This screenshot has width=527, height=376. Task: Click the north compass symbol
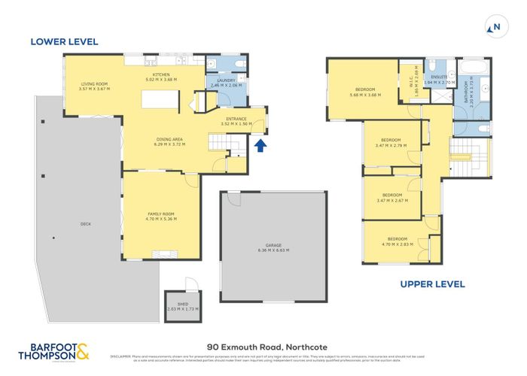[x=494, y=28]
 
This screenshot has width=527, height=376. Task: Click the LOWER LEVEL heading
[x=64, y=42]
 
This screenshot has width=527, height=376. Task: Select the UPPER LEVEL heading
[x=431, y=284]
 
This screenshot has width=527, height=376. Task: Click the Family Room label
[x=160, y=217]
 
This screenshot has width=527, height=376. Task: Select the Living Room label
[x=94, y=86]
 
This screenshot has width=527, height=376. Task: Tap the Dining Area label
[x=169, y=141]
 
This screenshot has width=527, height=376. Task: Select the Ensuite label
[x=439, y=78]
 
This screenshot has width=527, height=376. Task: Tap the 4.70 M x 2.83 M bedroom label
[x=398, y=241]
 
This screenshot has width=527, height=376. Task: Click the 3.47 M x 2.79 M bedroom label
[x=391, y=142]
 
